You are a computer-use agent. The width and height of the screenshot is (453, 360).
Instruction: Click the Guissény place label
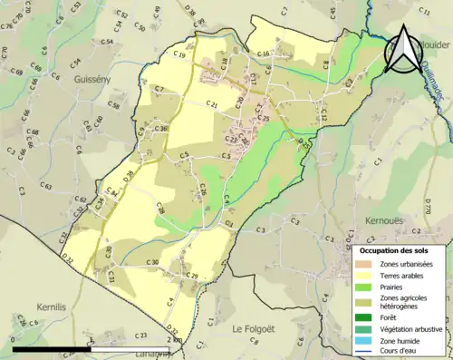pyautogui.click(x=92, y=80)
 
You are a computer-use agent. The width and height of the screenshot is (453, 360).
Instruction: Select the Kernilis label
pyautogui.click(x=52, y=307)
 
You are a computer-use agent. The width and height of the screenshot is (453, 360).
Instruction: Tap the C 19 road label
pyautogui.click(x=178, y=56)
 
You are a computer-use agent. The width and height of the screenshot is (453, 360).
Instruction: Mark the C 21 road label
pyautogui.click(x=213, y=105)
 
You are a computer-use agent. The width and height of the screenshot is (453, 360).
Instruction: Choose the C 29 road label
pyautogui.click(x=192, y=276)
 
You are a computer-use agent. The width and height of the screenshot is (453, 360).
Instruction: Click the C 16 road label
pyautogui.click(x=263, y=54)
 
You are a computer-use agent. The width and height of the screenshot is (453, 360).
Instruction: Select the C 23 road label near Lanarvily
pyautogui.click(x=141, y=336)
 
